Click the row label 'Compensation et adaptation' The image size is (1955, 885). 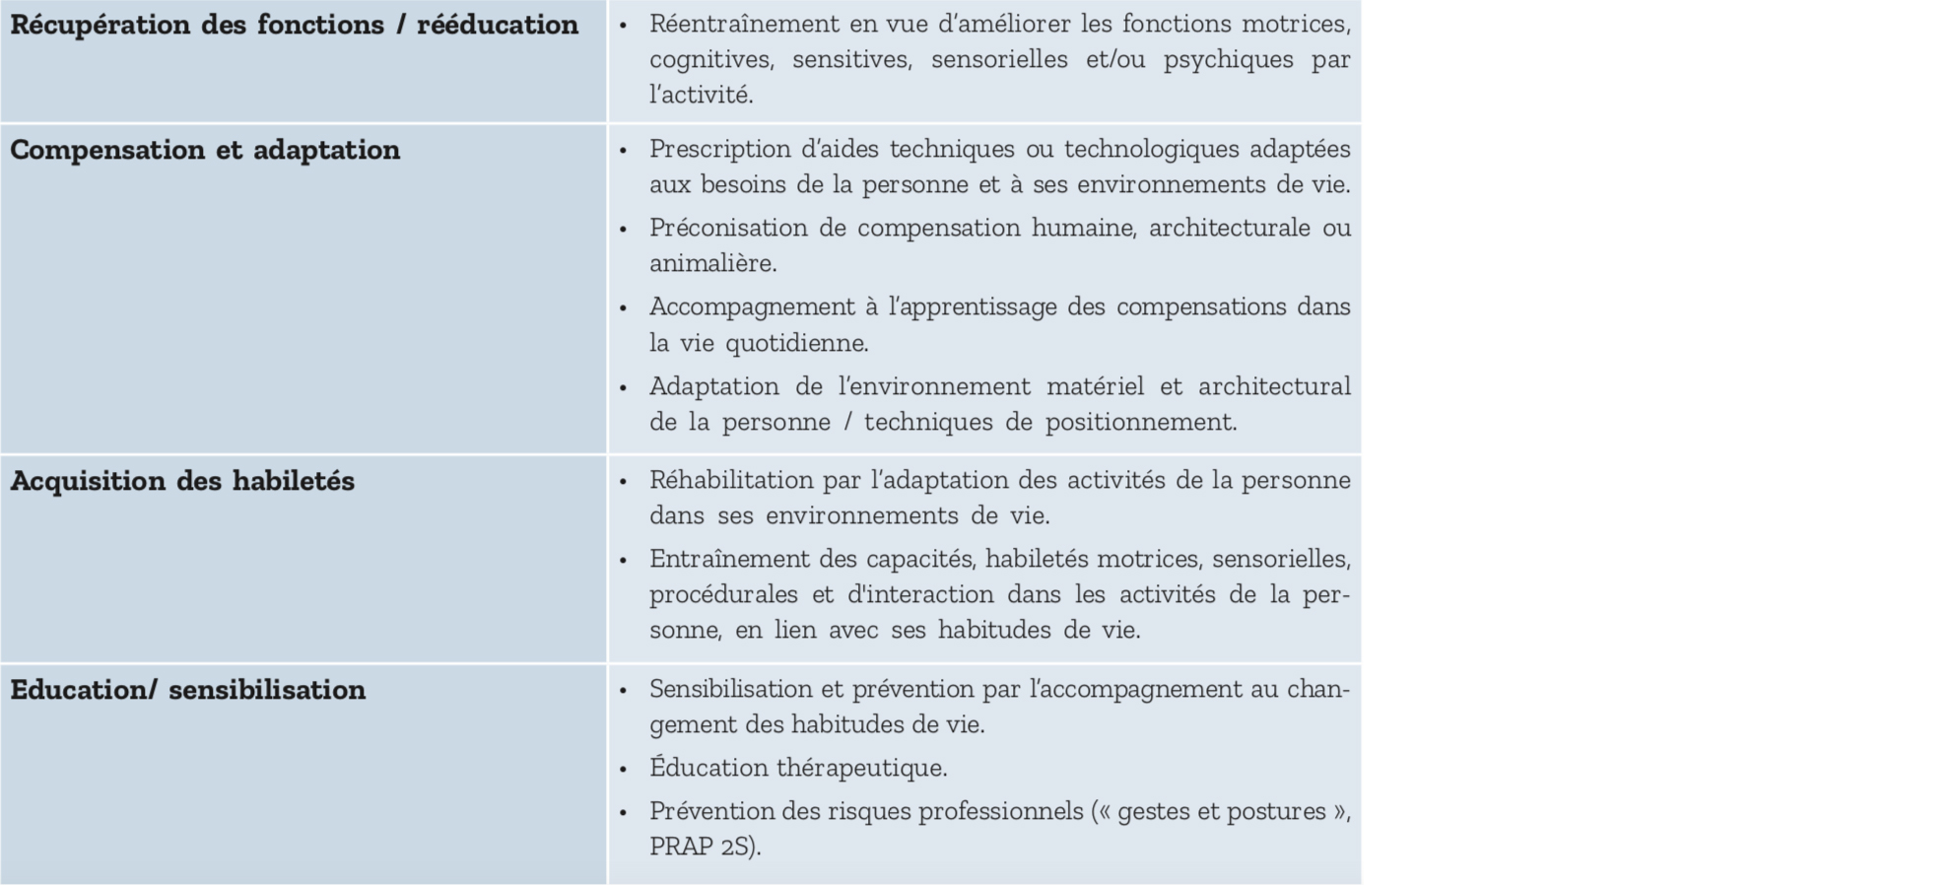205,150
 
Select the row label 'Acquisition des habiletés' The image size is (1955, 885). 182,481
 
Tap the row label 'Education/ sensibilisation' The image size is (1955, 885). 187,690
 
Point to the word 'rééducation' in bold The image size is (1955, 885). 498,25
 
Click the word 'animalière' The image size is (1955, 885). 711,263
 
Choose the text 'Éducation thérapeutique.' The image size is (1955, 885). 798,768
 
